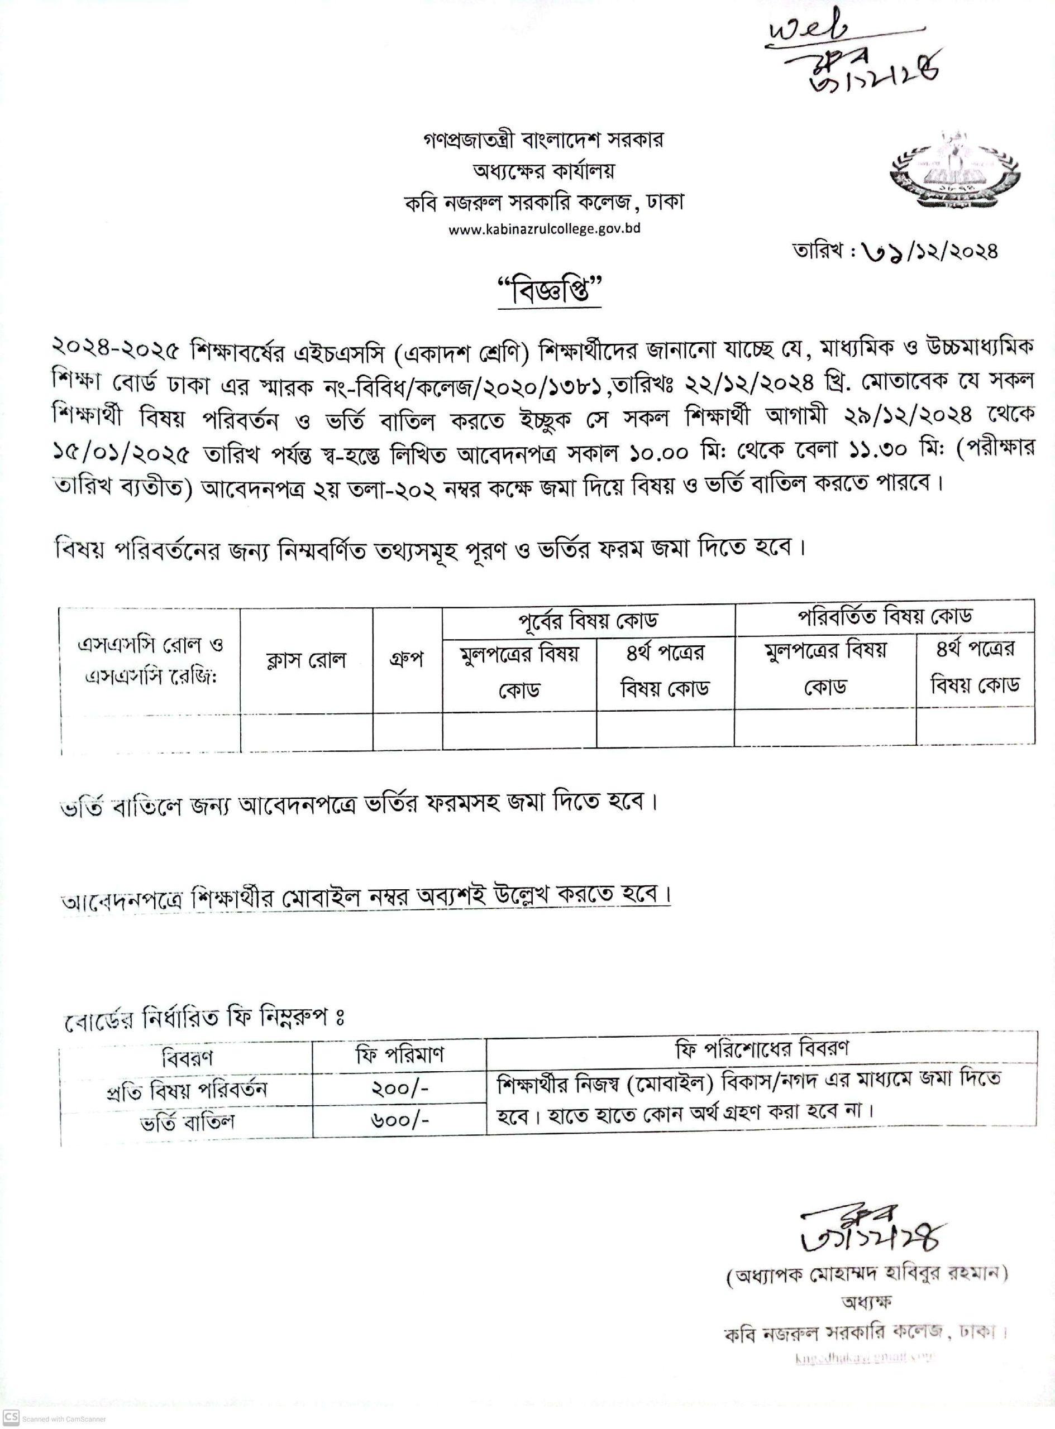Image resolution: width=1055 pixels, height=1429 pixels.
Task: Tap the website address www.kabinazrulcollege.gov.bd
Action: (544, 229)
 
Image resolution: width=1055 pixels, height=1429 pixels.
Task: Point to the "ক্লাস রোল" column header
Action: (306, 660)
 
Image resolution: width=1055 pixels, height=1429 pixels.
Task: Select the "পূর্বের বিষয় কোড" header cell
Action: (588, 620)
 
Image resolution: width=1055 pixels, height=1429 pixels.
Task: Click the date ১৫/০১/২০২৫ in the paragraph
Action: (121, 454)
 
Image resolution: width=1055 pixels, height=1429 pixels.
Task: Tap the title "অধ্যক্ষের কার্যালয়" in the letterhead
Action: (543, 171)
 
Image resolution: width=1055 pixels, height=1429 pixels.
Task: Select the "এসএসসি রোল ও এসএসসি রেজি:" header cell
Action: (150, 660)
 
